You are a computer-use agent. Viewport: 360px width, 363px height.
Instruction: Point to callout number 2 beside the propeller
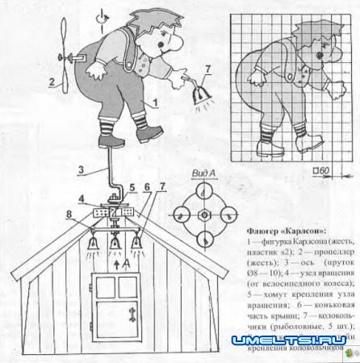point(51,81)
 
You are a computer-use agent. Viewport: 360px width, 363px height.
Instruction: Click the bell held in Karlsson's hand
point(199,97)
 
